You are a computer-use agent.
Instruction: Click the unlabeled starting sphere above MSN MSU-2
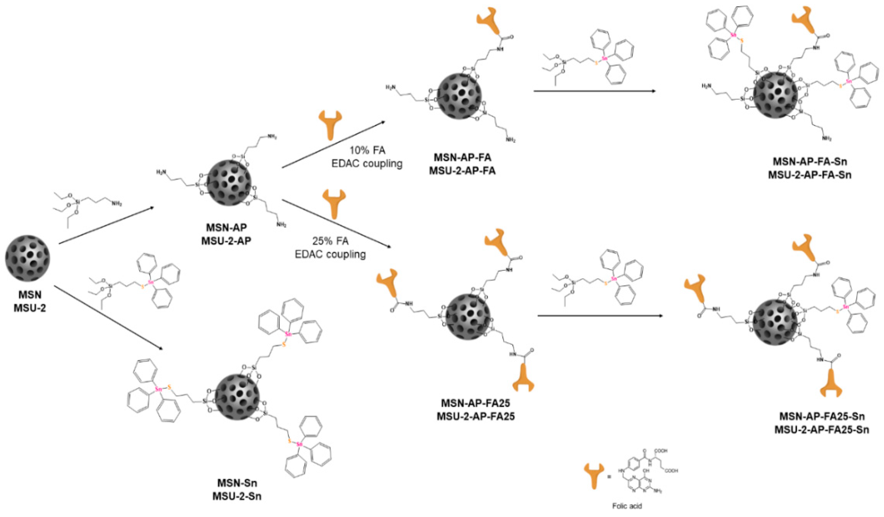pyautogui.click(x=27, y=258)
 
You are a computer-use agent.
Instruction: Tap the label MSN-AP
pyautogui.click(x=226, y=228)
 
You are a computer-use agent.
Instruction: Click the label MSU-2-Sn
pyautogui.click(x=237, y=496)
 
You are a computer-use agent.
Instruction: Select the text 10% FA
pyautogui.click(x=367, y=150)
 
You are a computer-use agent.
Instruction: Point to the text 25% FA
pyautogui.click(x=330, y=241)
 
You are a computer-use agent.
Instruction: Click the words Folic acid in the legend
pyautogui.click(x=627, y=506)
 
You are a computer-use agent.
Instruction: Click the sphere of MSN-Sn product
pyautogui.click(x=237, y=397)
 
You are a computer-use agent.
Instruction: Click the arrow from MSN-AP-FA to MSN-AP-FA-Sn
pyautogui.click(x=594, y=91)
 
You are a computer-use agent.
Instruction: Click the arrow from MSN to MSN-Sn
pyautogui.click(x=109, y=319)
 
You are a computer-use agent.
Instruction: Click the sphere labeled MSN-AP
pyautogui.click(x=229, y=183)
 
